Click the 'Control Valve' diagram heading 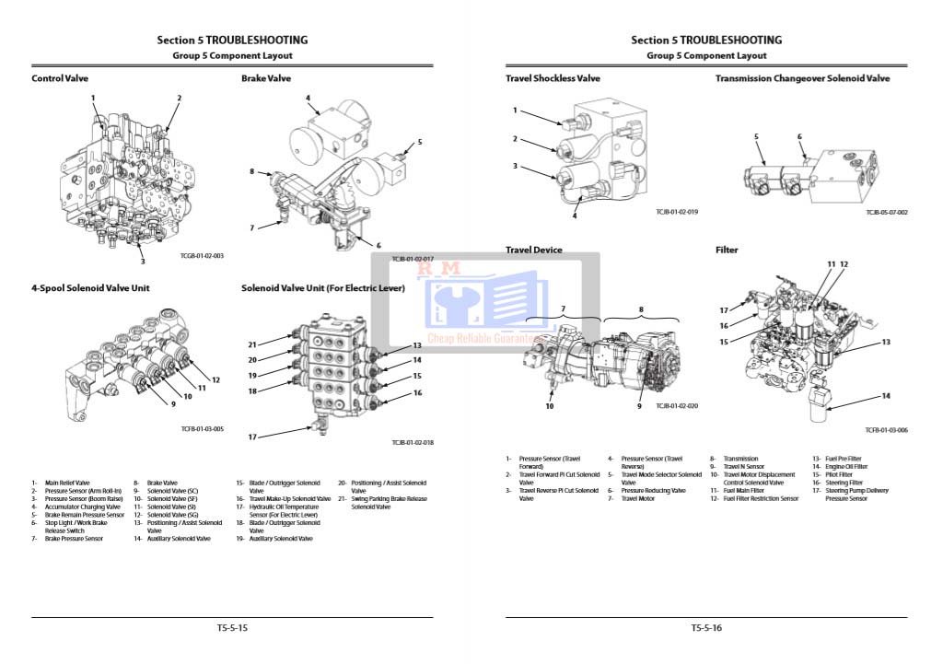(60, 79)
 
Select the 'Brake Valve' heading (266, 79)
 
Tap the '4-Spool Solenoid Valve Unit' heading (90, 288)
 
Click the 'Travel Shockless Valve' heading (553, 79)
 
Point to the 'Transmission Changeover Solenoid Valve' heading (802, 79)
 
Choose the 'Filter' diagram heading (727, 250)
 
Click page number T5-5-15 (232, 628)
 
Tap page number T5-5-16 (706, 628)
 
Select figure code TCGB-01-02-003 (202, 256)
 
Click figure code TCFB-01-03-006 (886, 430)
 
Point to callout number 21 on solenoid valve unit (251, 344)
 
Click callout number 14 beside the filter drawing (886, 397)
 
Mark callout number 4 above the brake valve (308, 98)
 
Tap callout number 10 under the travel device (550, 406)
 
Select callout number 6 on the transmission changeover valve (799, 137)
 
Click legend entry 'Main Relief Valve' (67, 483)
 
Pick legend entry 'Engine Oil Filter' (846, 467)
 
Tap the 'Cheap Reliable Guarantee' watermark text (485, 338)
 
